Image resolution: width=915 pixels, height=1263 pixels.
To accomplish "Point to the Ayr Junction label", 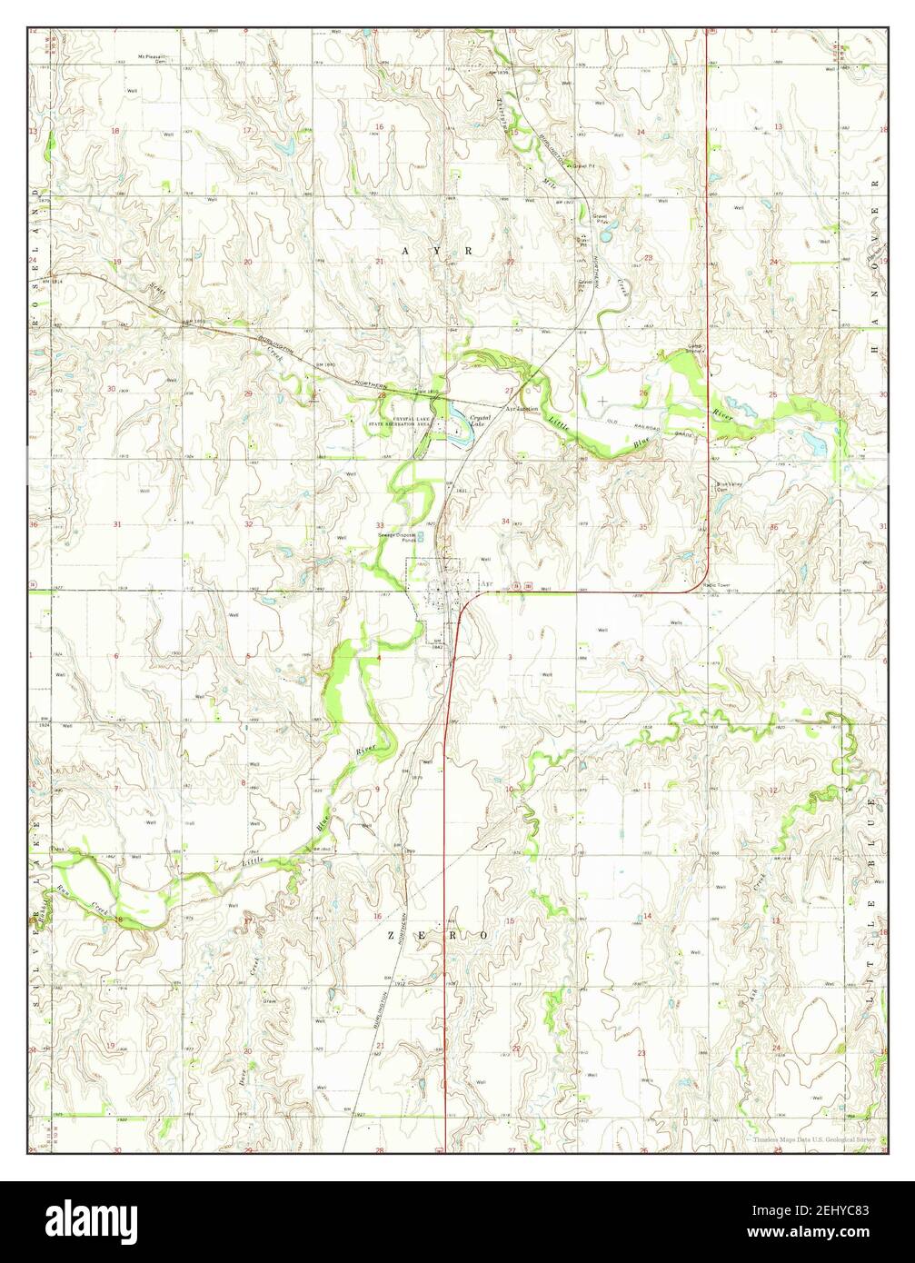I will click(x=523, y=410).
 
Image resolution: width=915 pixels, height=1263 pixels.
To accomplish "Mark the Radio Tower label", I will click(x=717, y=585).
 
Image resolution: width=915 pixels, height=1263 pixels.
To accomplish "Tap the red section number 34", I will click(x=505, y=522).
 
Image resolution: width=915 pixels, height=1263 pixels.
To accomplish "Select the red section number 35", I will click(x=642, y=526).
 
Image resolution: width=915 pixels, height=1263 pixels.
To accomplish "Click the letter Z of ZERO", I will click(x=392, y=934).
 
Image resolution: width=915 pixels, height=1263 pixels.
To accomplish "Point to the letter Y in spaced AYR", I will click(x=437, y=249).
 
